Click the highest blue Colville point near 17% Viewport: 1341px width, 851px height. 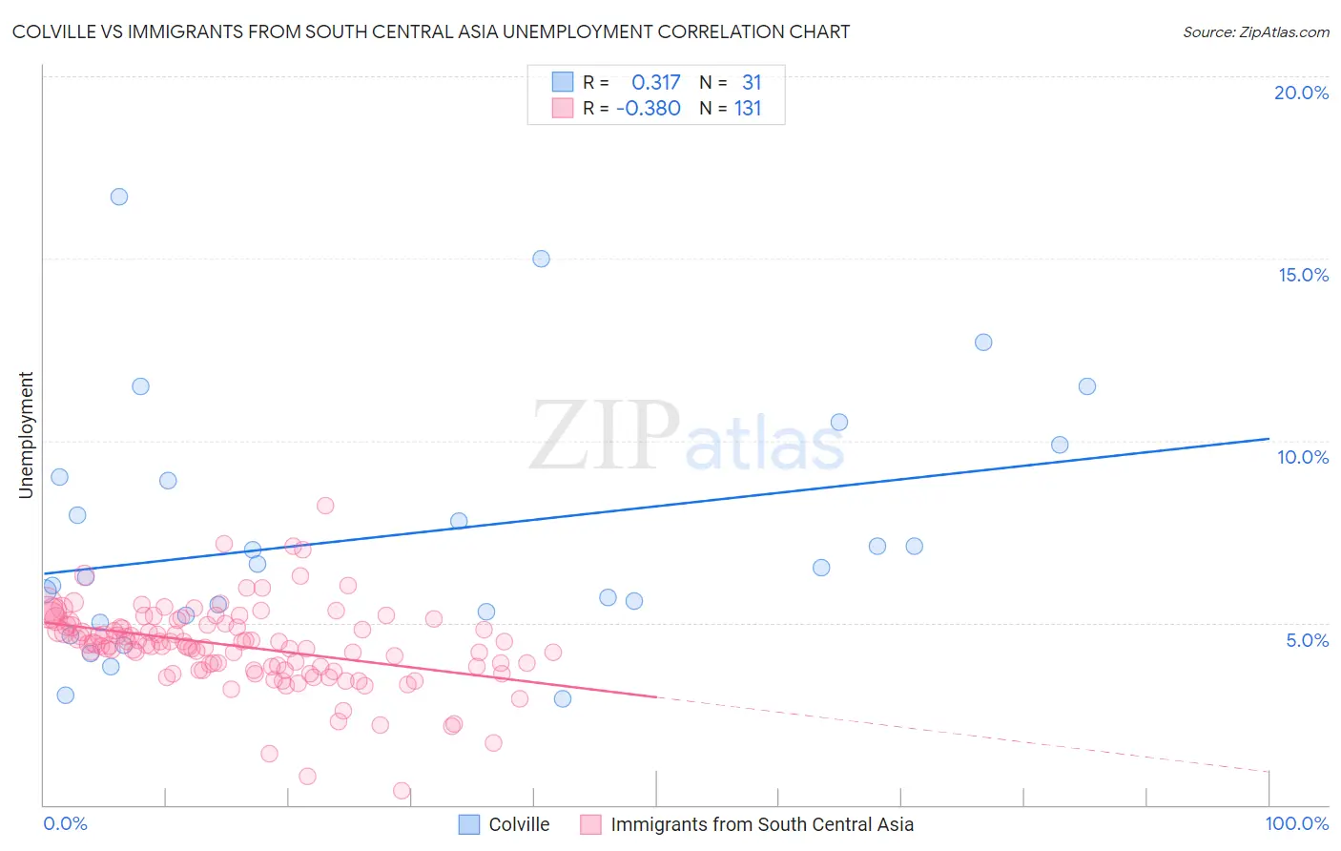pyautogui.click(x=119, y=197)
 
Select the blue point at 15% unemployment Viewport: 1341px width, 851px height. pyautogui.click(x=541, y=259)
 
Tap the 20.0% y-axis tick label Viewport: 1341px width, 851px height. pyautogui.click(x=1301, y=93)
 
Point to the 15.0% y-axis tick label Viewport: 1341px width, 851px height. pyautogui.click(x=1303, y=275)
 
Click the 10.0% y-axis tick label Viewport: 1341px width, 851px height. pyautogui.click(x=1303, y=457)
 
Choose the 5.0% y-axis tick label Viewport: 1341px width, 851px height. pyautogui.click(x=1307, y=640)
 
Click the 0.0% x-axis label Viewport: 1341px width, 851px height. pyautogui.click(x=65, y=824)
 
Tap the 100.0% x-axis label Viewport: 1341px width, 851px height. pyautogui.click(x=1296, y=824)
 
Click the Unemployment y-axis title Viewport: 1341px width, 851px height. pyautogui.click(x=26, y=435)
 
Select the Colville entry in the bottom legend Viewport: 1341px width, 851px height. pyautogui.click(x=519, y=824)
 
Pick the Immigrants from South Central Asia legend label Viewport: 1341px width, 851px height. pyautogui.click(x=761, y=824)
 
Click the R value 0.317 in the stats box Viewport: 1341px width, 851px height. pyautogui.click(x=655, y=83)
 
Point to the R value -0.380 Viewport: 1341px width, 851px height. pyautogui.click(x=649, y=109)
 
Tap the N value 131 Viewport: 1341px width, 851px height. pyautogui.click(x=748, y=109)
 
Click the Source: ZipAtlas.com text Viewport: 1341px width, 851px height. pyautogui.click(x=1255, y=32)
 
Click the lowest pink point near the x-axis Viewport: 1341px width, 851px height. pyautogui.click(x=402, y=791)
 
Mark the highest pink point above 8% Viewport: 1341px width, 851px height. pyautogui.click(x=325, y=506)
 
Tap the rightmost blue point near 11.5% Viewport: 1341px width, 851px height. pyautogui.click(x=1087, y=386)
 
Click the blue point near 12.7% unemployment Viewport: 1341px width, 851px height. pyautogui.click(x=983, y=342)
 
